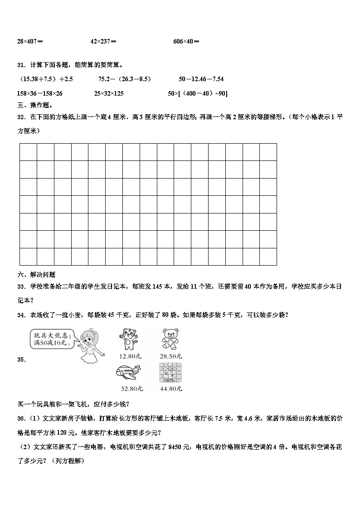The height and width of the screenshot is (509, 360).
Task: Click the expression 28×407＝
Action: click(x=30, y=41)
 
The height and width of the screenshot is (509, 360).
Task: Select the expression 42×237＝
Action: click(x=103, y=41)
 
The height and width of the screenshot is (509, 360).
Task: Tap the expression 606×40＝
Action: click(x=186, y=41)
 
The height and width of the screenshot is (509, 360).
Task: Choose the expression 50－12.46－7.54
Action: click(x=201, y=79)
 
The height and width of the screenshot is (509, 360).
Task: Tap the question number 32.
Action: click(x=21, y=117)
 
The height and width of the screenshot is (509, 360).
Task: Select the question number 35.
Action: click(x=21, y=360)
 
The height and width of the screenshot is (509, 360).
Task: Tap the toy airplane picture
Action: click(x=129, y=373)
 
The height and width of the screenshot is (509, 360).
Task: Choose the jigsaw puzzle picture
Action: click(x=170, y=373)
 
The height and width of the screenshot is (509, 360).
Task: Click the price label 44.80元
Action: click(x=171, y=388)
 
